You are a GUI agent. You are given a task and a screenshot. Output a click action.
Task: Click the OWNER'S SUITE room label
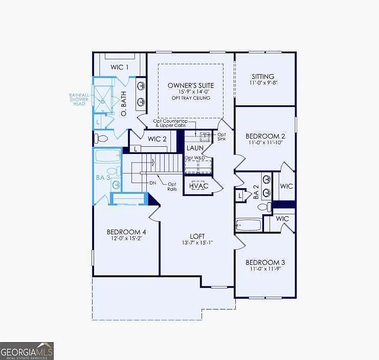(191, 85)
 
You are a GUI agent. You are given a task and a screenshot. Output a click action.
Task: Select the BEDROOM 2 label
(265, 136)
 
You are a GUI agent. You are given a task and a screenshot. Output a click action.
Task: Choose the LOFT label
(197, 236)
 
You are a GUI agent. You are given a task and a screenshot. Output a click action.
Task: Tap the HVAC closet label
(198, 186)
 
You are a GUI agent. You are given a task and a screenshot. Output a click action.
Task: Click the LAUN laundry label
(195, 148)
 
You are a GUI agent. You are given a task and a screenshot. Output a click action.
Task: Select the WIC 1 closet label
(120, 67)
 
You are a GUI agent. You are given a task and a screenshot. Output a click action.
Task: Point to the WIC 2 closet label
(157, 139)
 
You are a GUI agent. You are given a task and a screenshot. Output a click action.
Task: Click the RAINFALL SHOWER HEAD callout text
(79, 99)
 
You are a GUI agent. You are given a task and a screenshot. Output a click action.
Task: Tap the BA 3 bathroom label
(103, 177)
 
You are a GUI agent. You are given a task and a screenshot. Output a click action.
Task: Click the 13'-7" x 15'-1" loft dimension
(197, 242)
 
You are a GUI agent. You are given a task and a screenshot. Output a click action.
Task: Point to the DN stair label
(152, 183)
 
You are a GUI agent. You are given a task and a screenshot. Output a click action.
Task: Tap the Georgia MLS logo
(27, 351)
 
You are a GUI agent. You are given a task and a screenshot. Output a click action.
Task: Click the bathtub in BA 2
(248, 224)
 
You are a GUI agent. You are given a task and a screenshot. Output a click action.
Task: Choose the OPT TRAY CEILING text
(191, 98)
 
